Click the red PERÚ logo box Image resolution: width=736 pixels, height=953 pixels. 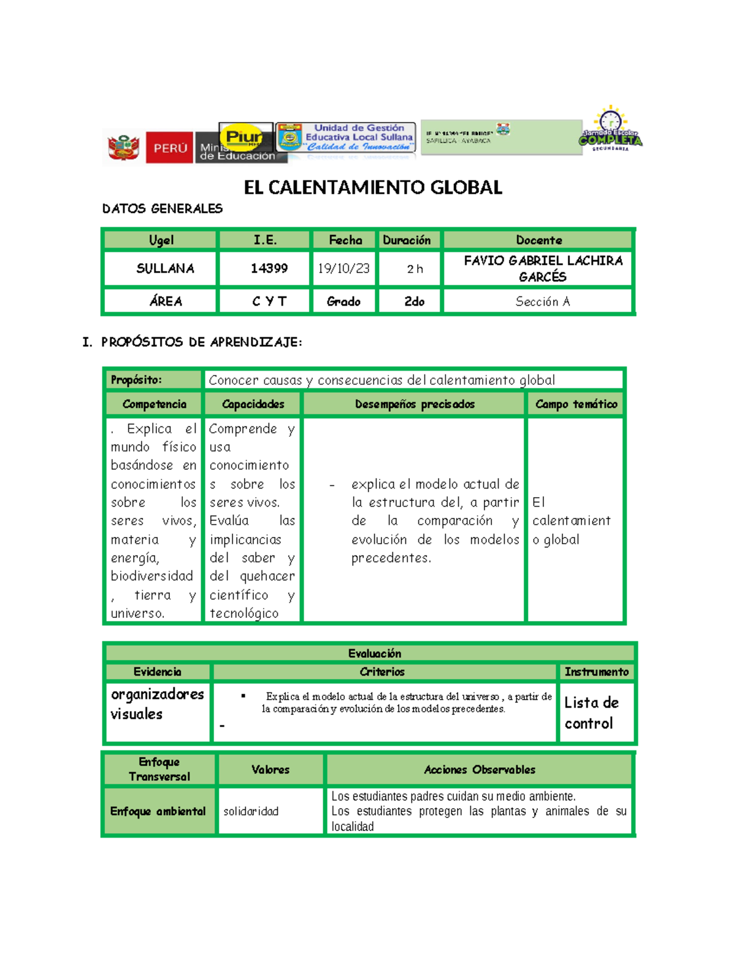[x=169, y=147]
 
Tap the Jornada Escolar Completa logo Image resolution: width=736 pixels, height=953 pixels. [x=610, y=130]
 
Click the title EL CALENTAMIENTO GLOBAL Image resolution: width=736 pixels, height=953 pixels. [x=373, y=187]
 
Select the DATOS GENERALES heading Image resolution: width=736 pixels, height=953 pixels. [x=162, y=209]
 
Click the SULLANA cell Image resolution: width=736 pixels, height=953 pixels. [x=165, y=268]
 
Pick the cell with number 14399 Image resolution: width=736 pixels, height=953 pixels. [x=269, y=268]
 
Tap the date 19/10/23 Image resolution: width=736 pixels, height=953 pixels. [x=343, y=268]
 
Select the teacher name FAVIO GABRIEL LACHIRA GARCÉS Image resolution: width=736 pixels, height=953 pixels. [x=542, y=268]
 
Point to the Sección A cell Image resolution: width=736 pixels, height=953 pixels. [x=542, y=301]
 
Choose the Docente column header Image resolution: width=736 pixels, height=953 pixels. [x=539, y=240]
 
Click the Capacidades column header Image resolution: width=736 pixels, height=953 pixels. [x=253, y=404]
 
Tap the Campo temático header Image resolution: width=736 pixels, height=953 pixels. [x=576, y=404]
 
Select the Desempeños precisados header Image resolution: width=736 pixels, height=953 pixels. [x=415, y=404]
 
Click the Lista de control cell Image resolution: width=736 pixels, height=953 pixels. [x=591, y=712]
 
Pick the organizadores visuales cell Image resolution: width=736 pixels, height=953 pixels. [x=157, y=704]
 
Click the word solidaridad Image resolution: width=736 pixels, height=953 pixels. [x=251, y=811]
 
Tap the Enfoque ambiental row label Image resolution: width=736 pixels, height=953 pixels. [x=158, y=811]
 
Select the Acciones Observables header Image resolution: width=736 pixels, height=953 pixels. [x=479, y=770]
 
